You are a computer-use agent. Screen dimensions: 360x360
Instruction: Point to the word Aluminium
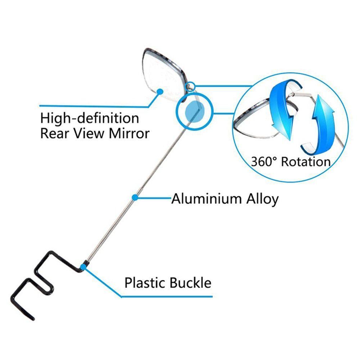[206, 199]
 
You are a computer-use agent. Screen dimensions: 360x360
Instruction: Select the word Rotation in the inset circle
[306, 162]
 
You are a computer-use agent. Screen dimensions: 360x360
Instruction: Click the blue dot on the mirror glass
[160, 91]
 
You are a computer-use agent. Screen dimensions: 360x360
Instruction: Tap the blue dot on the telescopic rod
[135, 197]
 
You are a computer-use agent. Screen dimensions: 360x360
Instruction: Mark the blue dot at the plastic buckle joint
[84, 267]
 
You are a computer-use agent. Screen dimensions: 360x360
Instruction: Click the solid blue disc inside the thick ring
[194, 112]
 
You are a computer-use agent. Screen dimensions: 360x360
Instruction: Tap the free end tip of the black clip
[33, 319]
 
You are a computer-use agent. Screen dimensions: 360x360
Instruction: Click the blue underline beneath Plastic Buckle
[167, 297]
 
